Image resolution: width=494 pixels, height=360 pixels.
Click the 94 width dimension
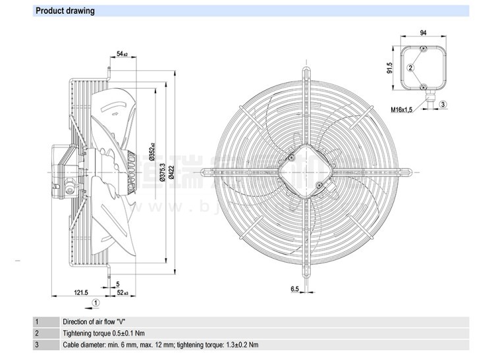tap(424, 32)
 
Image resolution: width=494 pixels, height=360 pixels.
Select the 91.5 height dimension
tap(390, 68)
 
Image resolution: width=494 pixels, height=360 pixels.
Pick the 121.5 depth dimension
tap(80, 293)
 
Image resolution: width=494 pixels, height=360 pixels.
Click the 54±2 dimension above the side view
tap(122, 53)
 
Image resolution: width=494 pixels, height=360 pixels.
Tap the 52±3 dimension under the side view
tap(123, 293)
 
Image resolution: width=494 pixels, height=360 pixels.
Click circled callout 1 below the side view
tap(96, 303)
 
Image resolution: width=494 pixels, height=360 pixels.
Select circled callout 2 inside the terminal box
tap(410, 67)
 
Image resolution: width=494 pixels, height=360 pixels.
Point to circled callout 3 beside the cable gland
tap(443, 105)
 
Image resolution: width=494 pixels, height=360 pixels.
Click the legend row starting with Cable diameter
tap(160, 345)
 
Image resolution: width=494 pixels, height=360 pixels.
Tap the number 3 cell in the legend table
tap(37, 345)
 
